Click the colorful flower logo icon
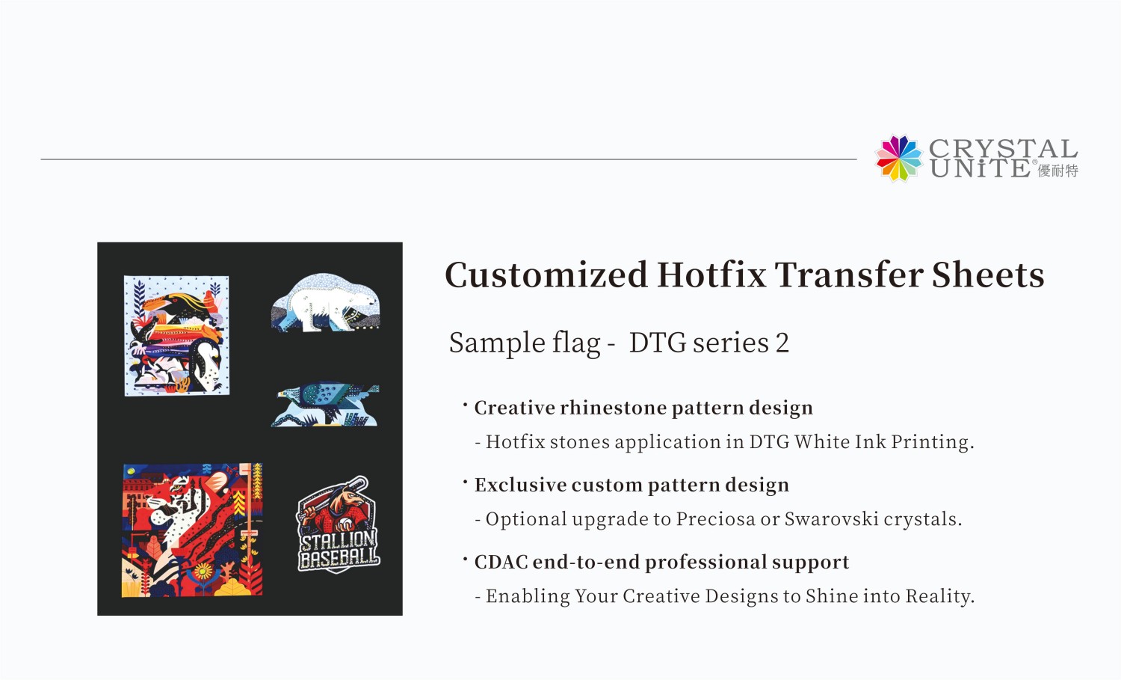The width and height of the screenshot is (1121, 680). [899, 158]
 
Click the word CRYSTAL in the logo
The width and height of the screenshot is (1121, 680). [1003, 148]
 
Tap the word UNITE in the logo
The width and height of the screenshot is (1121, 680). [980, 168]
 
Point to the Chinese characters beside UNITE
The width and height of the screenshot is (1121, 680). [1058, 171]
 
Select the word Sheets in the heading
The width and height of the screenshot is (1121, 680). [988, 275]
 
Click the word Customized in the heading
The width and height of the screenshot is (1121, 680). [546, 275]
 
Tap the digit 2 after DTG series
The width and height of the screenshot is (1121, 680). [782, 343]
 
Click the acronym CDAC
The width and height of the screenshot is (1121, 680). [501, 563]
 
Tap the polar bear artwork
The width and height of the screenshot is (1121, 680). [326, 303]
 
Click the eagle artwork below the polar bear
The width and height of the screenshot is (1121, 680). [325, 405]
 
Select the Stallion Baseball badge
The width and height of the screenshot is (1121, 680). [339, 524]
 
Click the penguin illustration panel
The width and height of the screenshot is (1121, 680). [176, 335]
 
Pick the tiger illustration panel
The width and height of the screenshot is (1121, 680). [192, 530]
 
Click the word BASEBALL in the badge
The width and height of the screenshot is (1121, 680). [339, 558]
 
